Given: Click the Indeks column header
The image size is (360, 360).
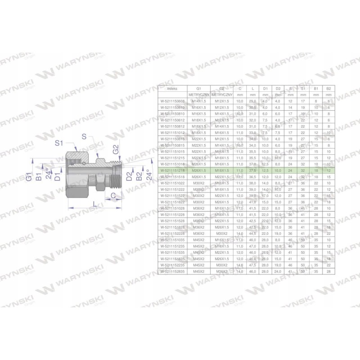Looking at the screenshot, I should (x=166, y=89).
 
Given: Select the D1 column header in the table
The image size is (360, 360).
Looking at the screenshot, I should (x=265, y=89).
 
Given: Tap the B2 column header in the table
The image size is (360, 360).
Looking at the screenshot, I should (x=328, y=89).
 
